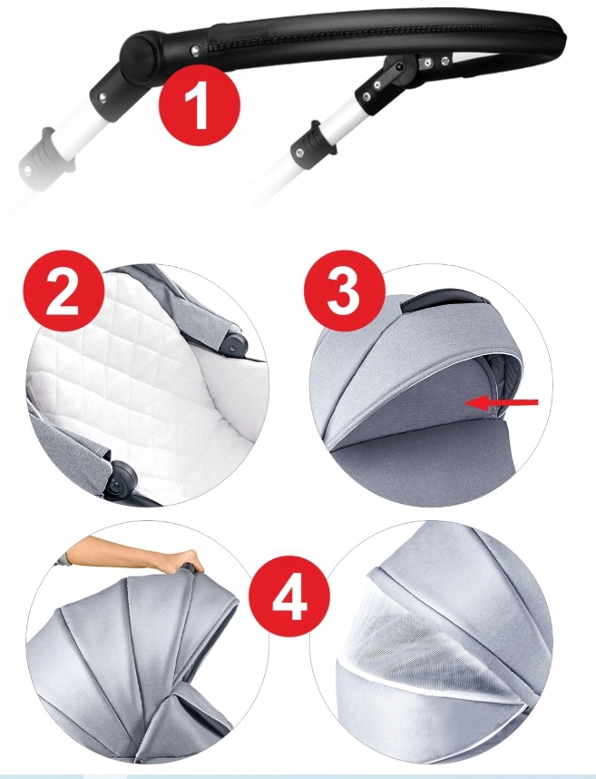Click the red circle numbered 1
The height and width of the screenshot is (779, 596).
coord(200,105)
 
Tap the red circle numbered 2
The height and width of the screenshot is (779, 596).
coord(64,291)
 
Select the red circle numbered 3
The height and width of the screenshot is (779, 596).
coord(345,291)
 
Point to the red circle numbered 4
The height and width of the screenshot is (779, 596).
coord(289,596)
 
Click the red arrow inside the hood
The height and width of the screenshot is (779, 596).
coord(502,403)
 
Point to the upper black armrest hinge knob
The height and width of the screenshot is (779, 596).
coord(235,344)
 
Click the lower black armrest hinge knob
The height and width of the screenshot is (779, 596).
coord(124,478)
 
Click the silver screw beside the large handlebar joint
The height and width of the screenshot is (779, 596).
coord(195,50)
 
